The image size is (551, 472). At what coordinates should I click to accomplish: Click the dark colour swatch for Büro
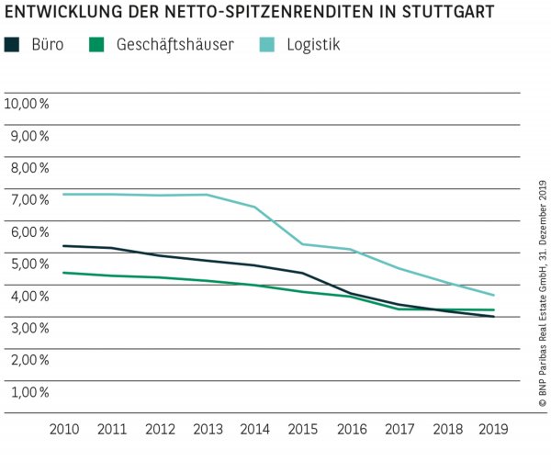[x=12, y=44]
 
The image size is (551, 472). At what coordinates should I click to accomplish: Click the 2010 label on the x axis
[x=64, y=429]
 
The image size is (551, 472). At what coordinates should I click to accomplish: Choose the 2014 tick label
[x=254, y=429]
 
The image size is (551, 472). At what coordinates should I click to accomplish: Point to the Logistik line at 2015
[x=302, y=244]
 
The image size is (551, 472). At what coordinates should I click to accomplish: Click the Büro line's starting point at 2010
[x=64, y=246]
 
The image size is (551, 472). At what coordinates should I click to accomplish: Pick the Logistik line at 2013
[x=207, y=195]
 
